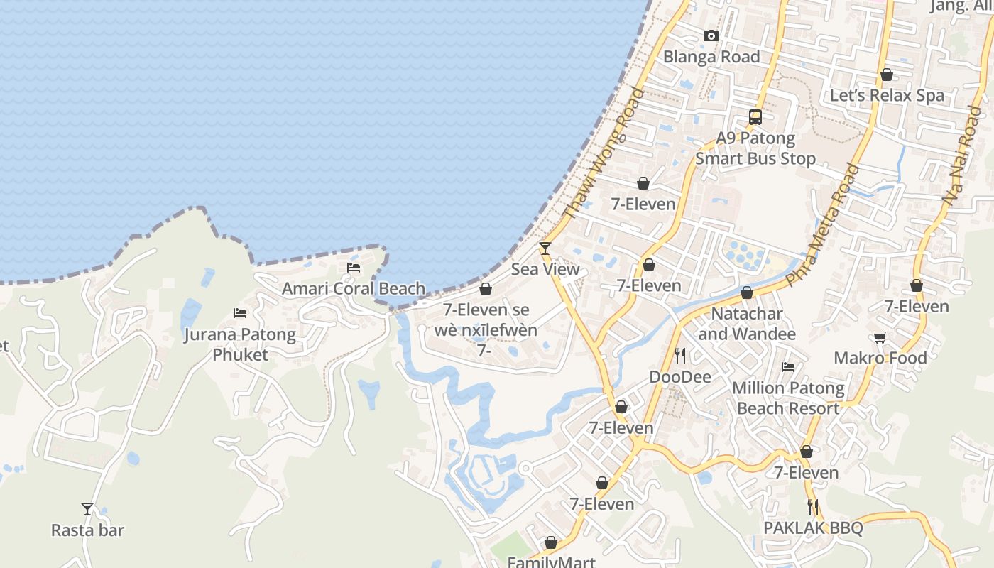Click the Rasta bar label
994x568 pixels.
tap(87, 530)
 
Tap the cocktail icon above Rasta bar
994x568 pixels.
tap(87, 509)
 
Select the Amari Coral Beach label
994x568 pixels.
tap(354, 289)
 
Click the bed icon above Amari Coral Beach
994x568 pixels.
tap(354, 268)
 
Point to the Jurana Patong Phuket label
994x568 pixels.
tap(240, 344)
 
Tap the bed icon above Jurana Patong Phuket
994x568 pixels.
tap(240, 313)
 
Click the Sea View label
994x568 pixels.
tap(545, 270)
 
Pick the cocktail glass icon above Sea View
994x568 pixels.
tap(545, 248)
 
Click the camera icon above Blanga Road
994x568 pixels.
tap(711, 35)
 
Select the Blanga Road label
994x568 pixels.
tap(711, 57)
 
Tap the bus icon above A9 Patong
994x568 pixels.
tap(755, 117)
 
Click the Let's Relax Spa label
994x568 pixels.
tap(887, 96)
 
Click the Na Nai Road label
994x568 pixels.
tap(963, 156)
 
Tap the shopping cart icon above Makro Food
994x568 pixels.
tap(880, 338)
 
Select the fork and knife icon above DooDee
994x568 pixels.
tap(680, 355)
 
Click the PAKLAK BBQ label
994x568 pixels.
tap(813, 528)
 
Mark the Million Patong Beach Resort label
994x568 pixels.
tap(788, 398)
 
